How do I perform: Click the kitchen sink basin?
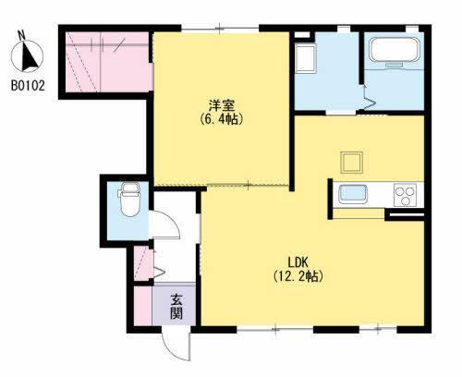click(x=354, y=195)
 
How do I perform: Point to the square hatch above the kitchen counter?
click(x=351, y=161)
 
